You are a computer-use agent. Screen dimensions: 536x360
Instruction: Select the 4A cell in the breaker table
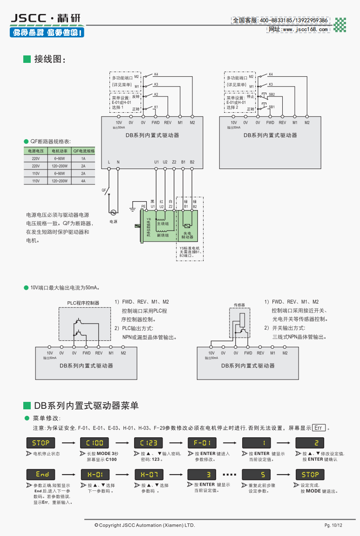pos(83,181)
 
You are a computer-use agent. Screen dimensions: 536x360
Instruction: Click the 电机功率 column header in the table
pos(60,151)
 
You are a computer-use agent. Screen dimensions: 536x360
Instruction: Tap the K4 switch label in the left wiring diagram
pos(156,75)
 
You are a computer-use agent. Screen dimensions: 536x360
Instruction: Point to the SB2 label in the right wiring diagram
pos(272,95)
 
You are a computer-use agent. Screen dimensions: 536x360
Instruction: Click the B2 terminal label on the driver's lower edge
pos(192,162)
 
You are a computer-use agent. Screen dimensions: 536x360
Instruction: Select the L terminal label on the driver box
pos(109,162)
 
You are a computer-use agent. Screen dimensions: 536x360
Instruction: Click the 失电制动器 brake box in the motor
pos(187,235)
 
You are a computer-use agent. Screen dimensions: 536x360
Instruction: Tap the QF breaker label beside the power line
pos(104,190)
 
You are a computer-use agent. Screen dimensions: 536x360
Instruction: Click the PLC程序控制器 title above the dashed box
pos(83,303)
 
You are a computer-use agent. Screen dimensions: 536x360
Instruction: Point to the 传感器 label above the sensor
pos(239,305)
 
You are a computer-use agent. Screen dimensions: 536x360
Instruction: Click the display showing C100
pos(95,442)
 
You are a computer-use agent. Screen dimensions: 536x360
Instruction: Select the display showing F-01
pos(202,442)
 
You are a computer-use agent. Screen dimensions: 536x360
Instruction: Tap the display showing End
pos(41,475)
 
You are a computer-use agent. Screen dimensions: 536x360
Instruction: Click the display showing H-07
pos(149,475)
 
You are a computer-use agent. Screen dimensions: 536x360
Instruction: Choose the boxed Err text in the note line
pos(319,428)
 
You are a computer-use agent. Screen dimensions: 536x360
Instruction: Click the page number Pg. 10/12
pos(333,526)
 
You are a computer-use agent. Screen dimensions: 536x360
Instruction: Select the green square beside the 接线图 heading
pos(27,59)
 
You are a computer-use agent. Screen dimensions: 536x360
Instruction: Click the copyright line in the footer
pos(144,525)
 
